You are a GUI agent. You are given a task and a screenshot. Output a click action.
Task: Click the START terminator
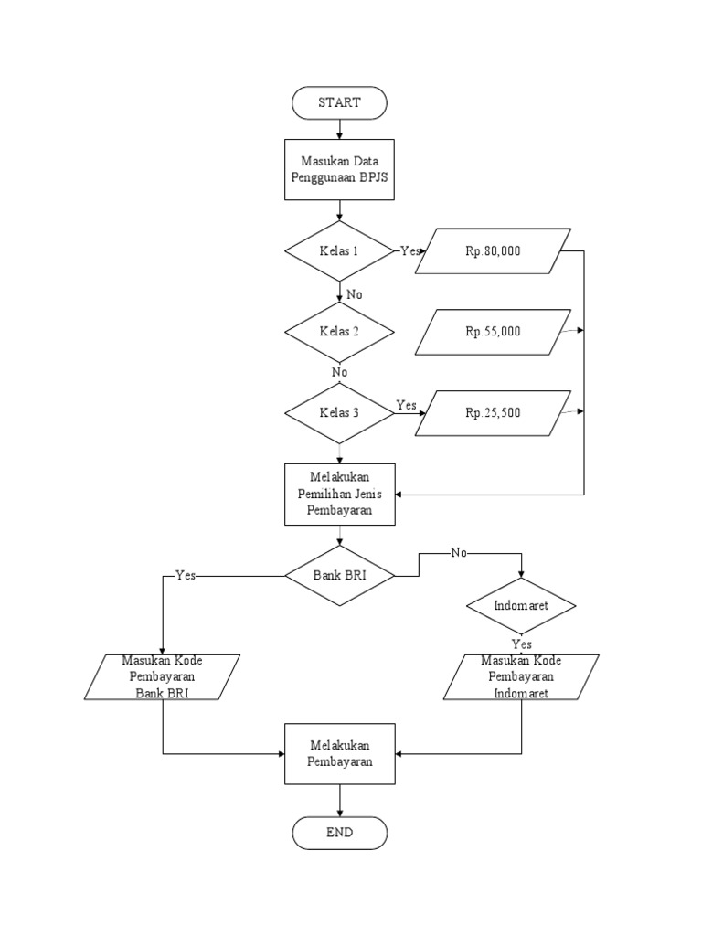tap(339, 102)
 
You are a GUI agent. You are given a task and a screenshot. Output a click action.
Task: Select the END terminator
tap(339, 833)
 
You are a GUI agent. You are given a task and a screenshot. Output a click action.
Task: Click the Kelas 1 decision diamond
tap(339, 250)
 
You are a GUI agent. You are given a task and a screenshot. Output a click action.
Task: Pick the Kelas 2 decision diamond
tap(339, 331)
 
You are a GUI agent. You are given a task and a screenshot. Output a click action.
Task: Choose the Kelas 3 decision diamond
tap(339, 412)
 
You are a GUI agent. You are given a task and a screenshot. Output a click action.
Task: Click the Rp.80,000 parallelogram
tap(493, 250)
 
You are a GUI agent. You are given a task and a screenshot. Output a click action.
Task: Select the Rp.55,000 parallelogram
tap(493, 332)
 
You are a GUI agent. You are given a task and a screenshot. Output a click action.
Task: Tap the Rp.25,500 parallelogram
tap(493, 412)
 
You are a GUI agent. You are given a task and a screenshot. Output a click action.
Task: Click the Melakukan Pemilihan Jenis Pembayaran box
tap(339, 495)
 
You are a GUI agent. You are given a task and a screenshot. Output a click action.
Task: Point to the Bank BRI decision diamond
tap(339, 576)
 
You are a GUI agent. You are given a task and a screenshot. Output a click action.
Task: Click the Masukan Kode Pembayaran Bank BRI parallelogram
tap(163, 677)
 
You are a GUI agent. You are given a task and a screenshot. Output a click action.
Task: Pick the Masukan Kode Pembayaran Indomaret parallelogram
tap(521, 677)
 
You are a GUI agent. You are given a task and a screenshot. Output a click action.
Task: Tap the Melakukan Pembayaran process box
tap(339, 752)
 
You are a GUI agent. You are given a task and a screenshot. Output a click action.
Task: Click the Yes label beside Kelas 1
tap(410, 250)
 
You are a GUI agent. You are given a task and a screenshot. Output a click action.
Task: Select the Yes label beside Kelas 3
tap(407, 404)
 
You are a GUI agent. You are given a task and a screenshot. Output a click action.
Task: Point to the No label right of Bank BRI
tap(458, 553)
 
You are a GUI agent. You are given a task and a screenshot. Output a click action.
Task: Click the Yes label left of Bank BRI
tap(185, 576)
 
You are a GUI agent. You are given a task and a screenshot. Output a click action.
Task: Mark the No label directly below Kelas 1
tap(355, 294)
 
